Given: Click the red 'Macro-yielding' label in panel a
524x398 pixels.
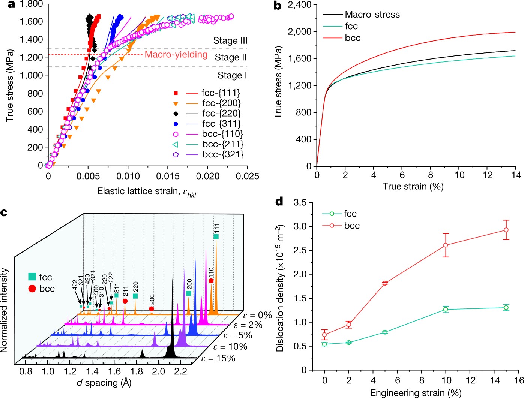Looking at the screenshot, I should [x=176, y=55].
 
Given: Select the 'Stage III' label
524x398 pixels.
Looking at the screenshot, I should [x=230, y=40].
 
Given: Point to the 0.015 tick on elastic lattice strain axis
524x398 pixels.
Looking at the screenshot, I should [x=168, y=176].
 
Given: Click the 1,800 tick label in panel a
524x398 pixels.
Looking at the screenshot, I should [x=32, y=4].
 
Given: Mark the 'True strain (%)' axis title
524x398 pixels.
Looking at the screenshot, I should [x=413, y=187].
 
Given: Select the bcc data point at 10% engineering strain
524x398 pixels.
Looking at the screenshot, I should [x=446, y=245].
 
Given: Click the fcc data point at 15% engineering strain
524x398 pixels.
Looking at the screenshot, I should [x=506, y=308].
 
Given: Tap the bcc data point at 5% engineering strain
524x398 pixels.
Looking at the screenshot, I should [x=385, y=283].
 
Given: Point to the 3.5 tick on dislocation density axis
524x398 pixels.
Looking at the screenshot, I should [x=300, y=203].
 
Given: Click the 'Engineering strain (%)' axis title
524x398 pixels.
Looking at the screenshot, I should [x=416, y=393].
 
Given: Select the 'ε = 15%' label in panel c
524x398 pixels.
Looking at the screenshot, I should [x=218, y=358].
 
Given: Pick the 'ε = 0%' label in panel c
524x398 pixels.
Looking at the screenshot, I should [x=257, y=315].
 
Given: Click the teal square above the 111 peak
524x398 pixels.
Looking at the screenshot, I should [x=216, y=236].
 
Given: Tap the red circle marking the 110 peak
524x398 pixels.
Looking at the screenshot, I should [x=211, y=281].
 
